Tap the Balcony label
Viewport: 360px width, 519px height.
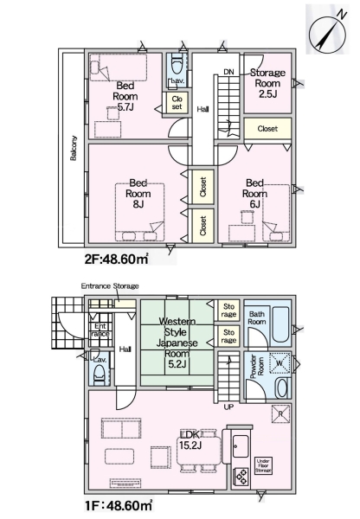click(74, 148)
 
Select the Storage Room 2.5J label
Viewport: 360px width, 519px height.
click(267, 83)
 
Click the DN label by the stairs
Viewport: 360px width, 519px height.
click(228, 72)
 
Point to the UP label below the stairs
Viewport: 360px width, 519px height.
click(228, 407)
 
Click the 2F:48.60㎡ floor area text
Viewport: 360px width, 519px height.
click(116, 259)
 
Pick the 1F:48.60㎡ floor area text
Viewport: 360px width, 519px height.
click(119, 505)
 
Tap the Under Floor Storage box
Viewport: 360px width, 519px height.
click(264, 466)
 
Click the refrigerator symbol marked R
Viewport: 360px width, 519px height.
click(280, 413)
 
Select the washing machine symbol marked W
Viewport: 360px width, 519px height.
click(280, 363)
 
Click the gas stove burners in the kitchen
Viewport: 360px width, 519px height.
click(241, 477)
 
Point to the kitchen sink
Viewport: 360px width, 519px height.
click(241, 445)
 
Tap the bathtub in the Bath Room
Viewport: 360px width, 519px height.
click(280, 325)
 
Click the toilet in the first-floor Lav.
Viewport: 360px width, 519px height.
click(100, 376)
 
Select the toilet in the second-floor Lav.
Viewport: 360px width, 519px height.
click(177, 65)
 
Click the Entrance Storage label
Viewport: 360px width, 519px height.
click(110, 285)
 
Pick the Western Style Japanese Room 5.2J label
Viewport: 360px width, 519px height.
click(177, 343)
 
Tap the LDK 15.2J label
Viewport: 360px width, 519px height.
click(190, 440)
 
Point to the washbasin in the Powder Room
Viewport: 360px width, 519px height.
click(282, 388)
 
